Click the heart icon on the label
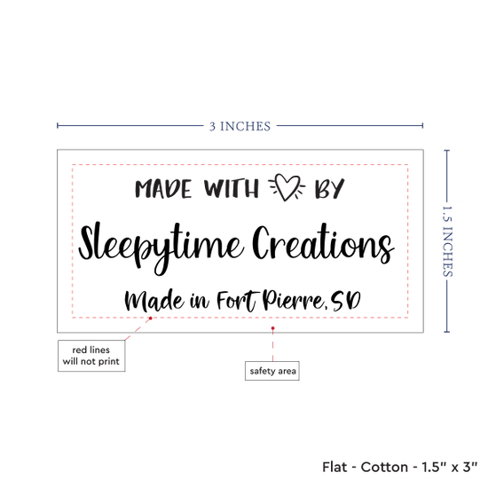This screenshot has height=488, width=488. (x=287, y=187)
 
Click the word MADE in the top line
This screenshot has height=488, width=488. (x=163, y=189)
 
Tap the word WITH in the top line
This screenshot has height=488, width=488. (x=232, y=188)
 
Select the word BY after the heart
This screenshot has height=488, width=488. (x=329, y=188)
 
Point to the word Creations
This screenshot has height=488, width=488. (x=323, y=244)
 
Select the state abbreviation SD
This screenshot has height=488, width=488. (x=345, y=301)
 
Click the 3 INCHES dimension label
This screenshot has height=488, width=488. (x=240, y=126)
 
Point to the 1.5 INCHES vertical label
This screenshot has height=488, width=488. (x=447, y=241)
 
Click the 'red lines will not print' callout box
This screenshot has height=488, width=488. (x=91, y=356)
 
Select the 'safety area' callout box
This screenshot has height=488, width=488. (x=272, y=371)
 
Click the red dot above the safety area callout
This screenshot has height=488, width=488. (x=273, y=328)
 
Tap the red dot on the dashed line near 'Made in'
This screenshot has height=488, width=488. (x=151, y=319)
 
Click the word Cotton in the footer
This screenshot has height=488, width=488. (x=384, y=467)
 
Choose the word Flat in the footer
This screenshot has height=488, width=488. (x=335, y=467)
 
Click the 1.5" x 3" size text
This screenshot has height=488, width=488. (x=450, y=467)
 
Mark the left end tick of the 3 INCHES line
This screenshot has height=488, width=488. (x=58, y=126)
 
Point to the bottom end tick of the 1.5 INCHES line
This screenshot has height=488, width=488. (x=447, y=332)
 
